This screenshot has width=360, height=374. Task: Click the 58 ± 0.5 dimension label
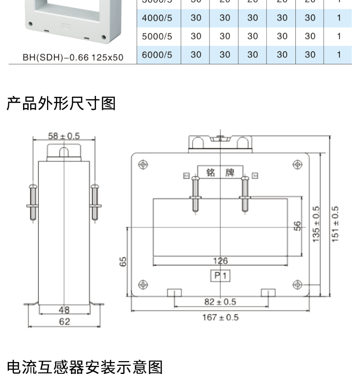(x=63, y=136)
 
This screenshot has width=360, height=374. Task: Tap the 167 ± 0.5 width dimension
(x=219, y=317)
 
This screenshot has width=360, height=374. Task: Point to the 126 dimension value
(x=220, y=261)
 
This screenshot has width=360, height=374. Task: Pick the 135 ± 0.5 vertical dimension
(x=316, y=224)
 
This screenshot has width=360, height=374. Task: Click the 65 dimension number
(x=123, y=261)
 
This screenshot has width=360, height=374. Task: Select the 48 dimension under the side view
(x=64, y=310)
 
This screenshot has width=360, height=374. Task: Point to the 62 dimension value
(x=64, y=322)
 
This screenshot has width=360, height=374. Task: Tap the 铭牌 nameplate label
(x=220, y=172)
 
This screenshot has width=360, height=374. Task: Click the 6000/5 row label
(x=157, y=55)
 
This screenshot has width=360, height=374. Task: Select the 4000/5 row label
(x=157, y=18)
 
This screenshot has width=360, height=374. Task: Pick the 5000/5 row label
(x=157, y=36)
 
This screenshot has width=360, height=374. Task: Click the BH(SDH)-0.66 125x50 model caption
(x=73, y=58)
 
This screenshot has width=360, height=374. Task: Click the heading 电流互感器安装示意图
(x=85, y=367)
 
